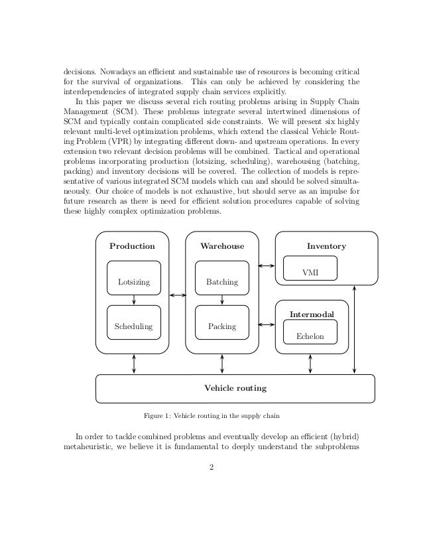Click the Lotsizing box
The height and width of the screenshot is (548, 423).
pos(134,282)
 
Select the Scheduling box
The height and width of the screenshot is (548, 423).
pos(134,326)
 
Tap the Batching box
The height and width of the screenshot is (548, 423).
pos(221,282)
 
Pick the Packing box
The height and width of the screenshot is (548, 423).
pos(221,326)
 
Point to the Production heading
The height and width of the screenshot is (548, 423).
pos(132,246)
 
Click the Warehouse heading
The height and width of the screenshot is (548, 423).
pos(222,246)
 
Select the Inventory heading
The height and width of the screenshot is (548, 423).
pos(326,246)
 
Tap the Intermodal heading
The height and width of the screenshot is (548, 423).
pos(311,313)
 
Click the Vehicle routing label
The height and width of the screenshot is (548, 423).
pos(235,388)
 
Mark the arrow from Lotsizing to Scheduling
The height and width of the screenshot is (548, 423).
pos(134,299)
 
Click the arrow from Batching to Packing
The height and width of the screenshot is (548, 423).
pos(221,299)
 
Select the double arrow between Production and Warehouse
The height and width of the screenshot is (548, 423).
pos(177,295)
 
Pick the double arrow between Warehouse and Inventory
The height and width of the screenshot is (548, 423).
pos(267,266)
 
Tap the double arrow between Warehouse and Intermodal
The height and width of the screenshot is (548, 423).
pos(267,324)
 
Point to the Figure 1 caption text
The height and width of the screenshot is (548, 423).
pos(212,417)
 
